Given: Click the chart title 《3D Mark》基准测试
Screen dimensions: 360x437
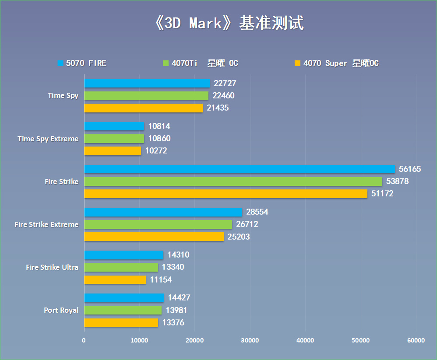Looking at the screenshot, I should click(x=229, y=23).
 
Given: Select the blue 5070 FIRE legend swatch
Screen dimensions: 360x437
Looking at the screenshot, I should click(x=60, y=63).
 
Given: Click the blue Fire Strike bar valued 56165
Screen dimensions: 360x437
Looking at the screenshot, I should click(x=239, y=169).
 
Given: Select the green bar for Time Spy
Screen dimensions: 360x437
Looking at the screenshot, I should click(x=146, y=95).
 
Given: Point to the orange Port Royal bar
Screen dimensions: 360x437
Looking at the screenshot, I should click(x=121, y=322).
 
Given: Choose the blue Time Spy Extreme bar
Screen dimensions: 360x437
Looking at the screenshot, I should click(x=114, y=126).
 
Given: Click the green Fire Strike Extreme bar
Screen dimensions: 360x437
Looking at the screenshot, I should click(x=158, y=224).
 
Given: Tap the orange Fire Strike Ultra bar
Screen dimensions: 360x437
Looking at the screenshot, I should click(x=115, y=280).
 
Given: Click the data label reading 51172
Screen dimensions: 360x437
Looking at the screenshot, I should click(x=382, y=193).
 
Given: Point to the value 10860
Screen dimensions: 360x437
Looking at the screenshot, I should click(x=159, y=139).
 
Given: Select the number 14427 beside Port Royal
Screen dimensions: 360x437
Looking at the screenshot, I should click(x=179, y=298).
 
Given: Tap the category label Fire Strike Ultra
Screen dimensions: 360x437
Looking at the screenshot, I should click(x=52, y=267).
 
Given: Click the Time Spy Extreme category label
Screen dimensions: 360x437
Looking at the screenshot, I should click(x=48, y=139).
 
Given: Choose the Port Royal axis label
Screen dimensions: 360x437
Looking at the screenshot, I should click(x=61, y=310).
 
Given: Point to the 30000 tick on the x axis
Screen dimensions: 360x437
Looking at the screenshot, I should click(x=250, y=340).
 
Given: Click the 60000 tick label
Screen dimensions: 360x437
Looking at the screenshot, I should click(x=416, y=340).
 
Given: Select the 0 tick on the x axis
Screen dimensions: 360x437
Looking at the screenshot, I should click(x=84, y=340).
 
